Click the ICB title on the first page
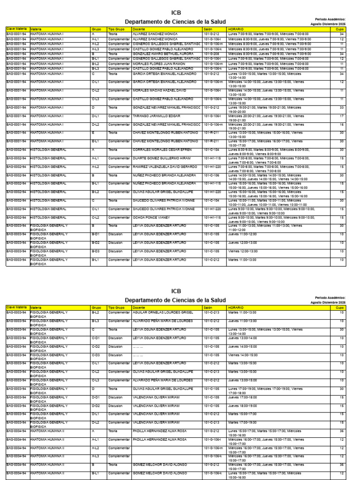point(176,13)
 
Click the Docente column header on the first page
point(139,29)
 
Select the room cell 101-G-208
point(212,54)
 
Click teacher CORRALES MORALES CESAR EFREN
point(156,150)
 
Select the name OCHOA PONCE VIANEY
point(148,217)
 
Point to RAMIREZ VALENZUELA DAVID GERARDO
point(158,166)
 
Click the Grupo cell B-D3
point(96,251)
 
